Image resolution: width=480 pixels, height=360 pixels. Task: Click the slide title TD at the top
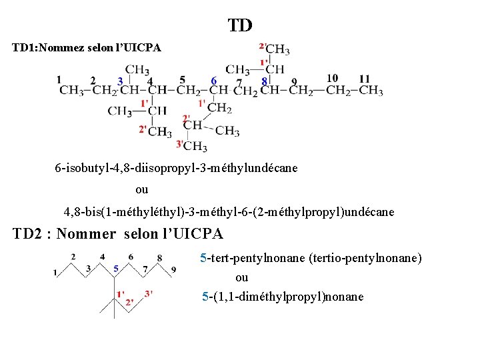240,25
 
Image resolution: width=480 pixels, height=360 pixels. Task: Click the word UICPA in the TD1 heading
139,48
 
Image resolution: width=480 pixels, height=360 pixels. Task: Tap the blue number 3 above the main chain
120,81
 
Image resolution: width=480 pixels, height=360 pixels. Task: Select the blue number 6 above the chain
213,81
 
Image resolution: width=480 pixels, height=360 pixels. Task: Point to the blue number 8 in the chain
265,81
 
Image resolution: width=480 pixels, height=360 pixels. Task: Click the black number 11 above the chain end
365,79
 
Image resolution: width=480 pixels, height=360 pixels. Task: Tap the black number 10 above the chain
332,79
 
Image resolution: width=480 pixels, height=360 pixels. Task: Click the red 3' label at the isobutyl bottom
179,144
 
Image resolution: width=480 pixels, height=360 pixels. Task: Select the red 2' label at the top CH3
263,46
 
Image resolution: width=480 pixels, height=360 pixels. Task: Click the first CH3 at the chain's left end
70,91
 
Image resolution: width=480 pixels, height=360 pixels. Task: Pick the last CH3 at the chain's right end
371,91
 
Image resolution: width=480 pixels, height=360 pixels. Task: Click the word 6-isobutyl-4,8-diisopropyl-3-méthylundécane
176,168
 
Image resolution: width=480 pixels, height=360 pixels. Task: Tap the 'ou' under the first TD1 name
142,189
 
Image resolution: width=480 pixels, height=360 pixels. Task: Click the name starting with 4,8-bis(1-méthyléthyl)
229,212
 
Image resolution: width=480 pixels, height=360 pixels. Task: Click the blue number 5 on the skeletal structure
116,269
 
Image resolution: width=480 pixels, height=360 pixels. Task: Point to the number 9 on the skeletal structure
174,269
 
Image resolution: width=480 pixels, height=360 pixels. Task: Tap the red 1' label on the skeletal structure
121,294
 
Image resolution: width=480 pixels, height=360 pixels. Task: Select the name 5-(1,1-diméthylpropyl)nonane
283,296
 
